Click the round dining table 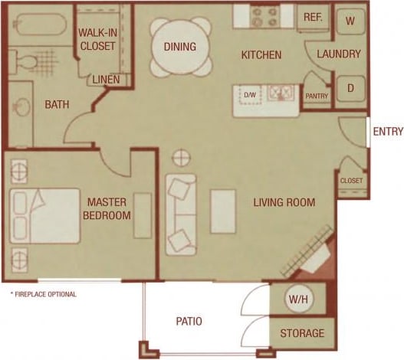(x=180, y=47)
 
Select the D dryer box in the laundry (x=350, y=88)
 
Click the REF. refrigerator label (x=312, y=17)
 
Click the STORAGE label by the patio (x=302, y=334)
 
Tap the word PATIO (x=188, y=322)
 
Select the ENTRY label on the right (x=387, y=132)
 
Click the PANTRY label (x=316, y=96)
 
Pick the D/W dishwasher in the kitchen (x=249, y=95)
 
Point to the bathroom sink (x=21, y=106)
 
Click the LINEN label (x=106, y=80)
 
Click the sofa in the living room (x=182, y=214)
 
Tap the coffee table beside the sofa (x=223, y=211)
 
